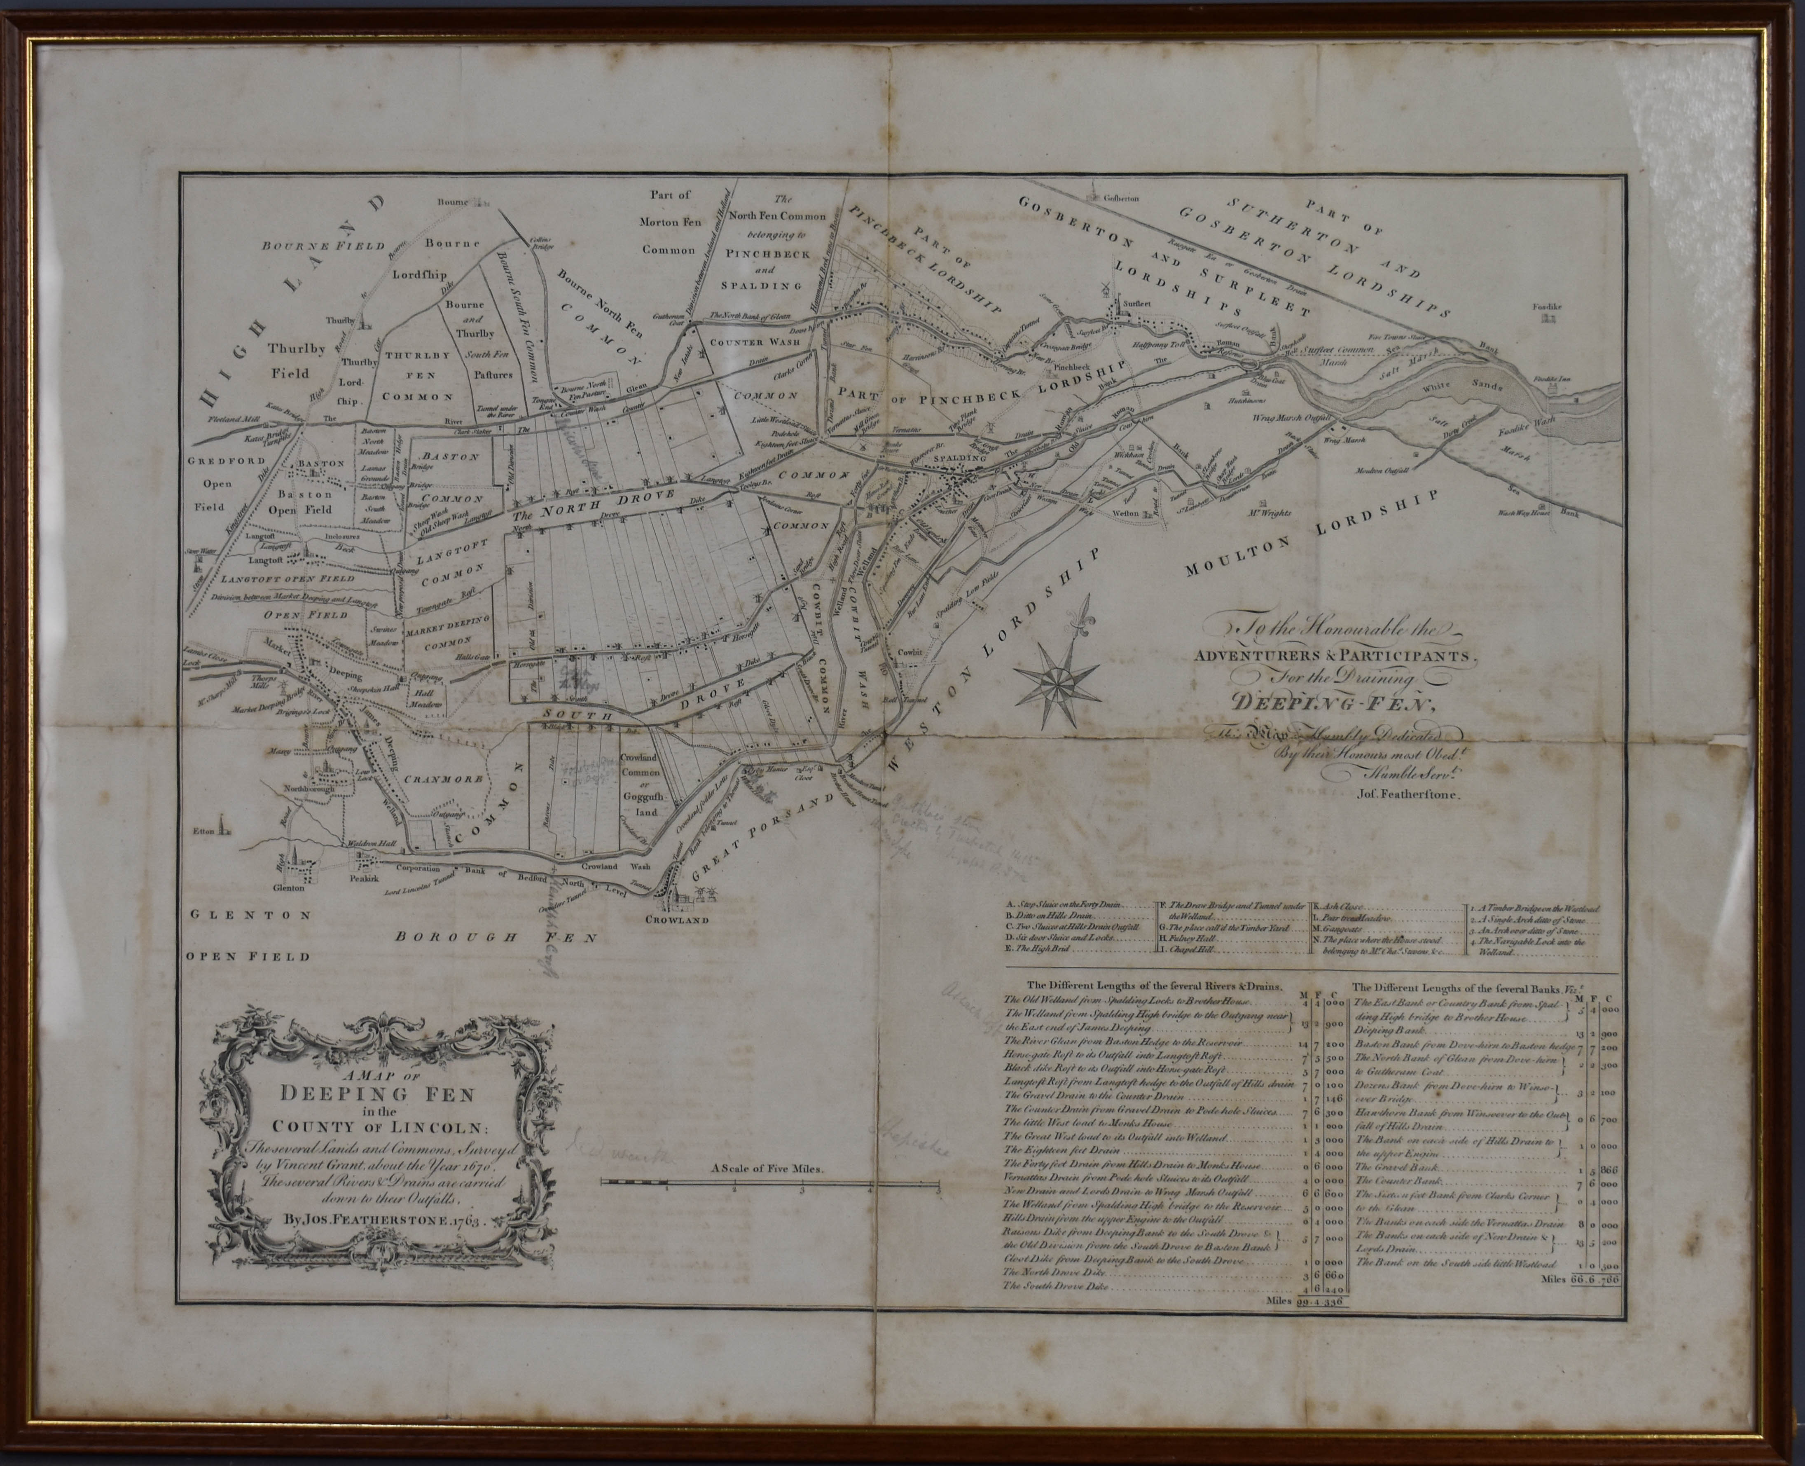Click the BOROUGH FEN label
pos(496,937)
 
